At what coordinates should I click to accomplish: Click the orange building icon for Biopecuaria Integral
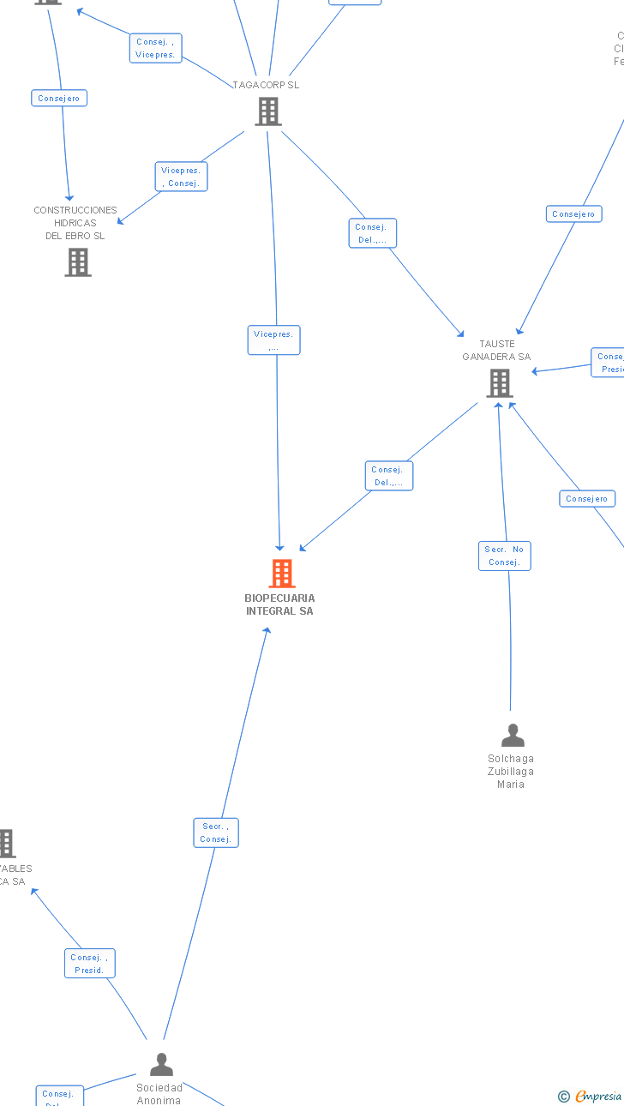[281, 573]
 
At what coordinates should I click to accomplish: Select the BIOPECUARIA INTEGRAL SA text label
[279, 604]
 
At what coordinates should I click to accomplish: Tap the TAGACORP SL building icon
[267, 111]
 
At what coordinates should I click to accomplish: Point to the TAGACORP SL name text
[266, 85]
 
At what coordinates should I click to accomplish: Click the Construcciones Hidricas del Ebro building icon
[78, 262]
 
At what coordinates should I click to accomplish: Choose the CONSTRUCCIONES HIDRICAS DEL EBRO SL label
[75, 223]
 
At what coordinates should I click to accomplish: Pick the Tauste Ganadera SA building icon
[499, 383]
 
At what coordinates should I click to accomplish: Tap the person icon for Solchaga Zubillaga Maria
[513, 736]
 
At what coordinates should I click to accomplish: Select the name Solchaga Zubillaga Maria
[511, 771]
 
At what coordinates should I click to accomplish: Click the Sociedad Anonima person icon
[161, 1065]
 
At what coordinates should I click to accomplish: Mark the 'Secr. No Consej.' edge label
[504, 556]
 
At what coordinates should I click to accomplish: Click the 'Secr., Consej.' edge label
[215, 833]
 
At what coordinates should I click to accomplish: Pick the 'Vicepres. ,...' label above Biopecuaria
[273, 340]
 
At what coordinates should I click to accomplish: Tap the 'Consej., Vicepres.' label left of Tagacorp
[155, 48]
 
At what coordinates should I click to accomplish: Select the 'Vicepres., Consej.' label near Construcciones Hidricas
[181, 177]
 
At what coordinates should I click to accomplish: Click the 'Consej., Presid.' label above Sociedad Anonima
[89, 964]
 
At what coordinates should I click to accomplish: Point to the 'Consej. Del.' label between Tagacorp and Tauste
[372, 233]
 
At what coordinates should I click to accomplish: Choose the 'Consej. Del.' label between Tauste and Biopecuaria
[388, 476]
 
